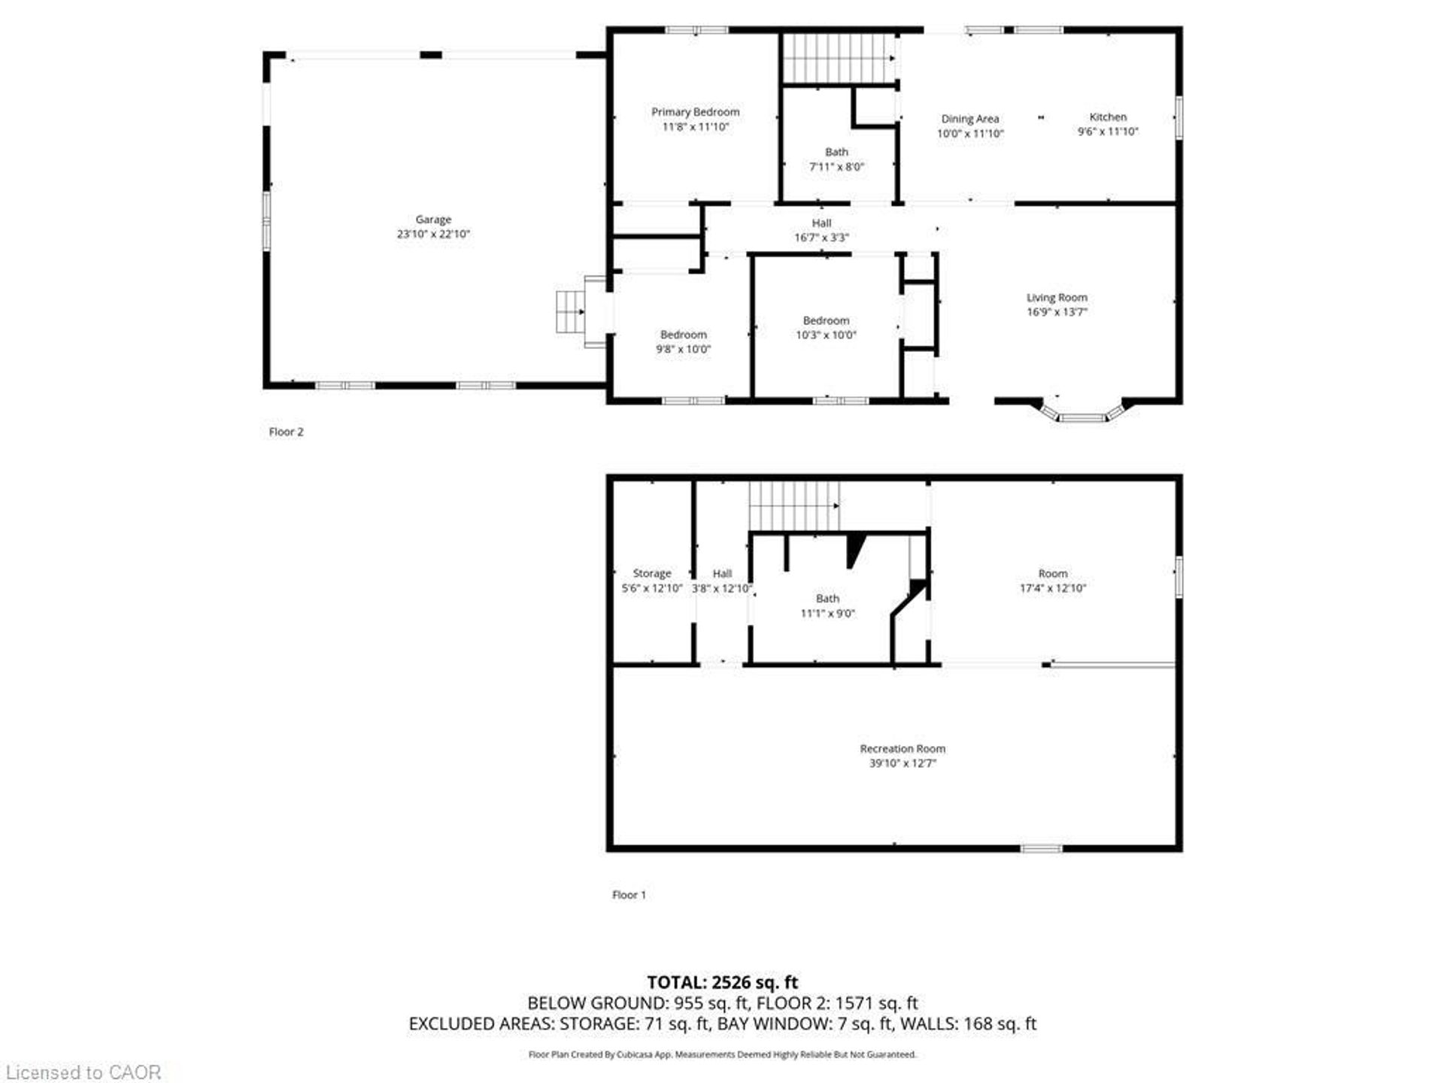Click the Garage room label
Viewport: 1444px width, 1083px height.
click(433, 220)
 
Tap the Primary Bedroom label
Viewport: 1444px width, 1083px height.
click(695, 112)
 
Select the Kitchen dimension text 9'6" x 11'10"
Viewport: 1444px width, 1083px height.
click(1107, 132)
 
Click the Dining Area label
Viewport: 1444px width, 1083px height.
click(969, 119)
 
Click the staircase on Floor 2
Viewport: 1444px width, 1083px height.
click(839, 58)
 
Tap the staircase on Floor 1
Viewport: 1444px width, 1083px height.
click(793, 506)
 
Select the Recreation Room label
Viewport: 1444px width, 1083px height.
click(902, 748)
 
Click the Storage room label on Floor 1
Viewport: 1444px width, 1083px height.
click(651, 573)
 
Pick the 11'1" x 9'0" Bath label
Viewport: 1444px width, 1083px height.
click(827, 606)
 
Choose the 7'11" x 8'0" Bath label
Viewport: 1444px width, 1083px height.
click(836, 159)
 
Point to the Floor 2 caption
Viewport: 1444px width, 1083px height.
click(286, 432)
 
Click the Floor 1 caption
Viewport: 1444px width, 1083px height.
click(629, 895)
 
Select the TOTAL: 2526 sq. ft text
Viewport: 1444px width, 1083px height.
click(722, 982)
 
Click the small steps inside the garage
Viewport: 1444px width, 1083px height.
click(569, 311)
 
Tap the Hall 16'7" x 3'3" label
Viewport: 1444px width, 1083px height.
click(821, 230)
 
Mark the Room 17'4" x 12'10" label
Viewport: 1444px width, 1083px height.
click(1052, 581)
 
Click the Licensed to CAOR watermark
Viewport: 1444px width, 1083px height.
click(83, 1072)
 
